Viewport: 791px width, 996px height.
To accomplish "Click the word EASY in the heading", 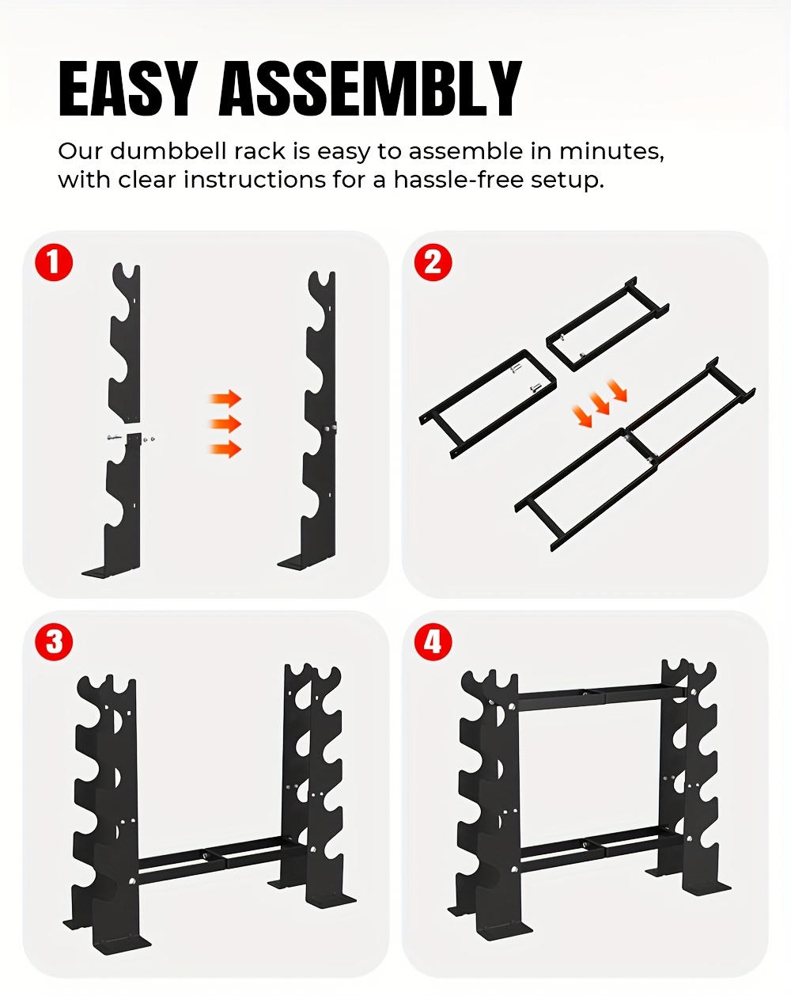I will click(127, 89).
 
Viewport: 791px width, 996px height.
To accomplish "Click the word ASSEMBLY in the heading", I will click(369, 89).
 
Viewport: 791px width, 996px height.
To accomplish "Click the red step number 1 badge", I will click(54, 262).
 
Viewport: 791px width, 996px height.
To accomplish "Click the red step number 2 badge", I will click(433, 262).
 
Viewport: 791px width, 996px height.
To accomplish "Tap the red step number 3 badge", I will click(54, 641).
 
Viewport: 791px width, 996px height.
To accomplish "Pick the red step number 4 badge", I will click(433, 641).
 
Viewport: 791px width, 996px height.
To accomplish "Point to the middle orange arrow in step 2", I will click(601, 404).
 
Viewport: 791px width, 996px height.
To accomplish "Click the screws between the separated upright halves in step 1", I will click(129, 436).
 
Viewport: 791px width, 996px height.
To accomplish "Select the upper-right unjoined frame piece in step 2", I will click(607, 325).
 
